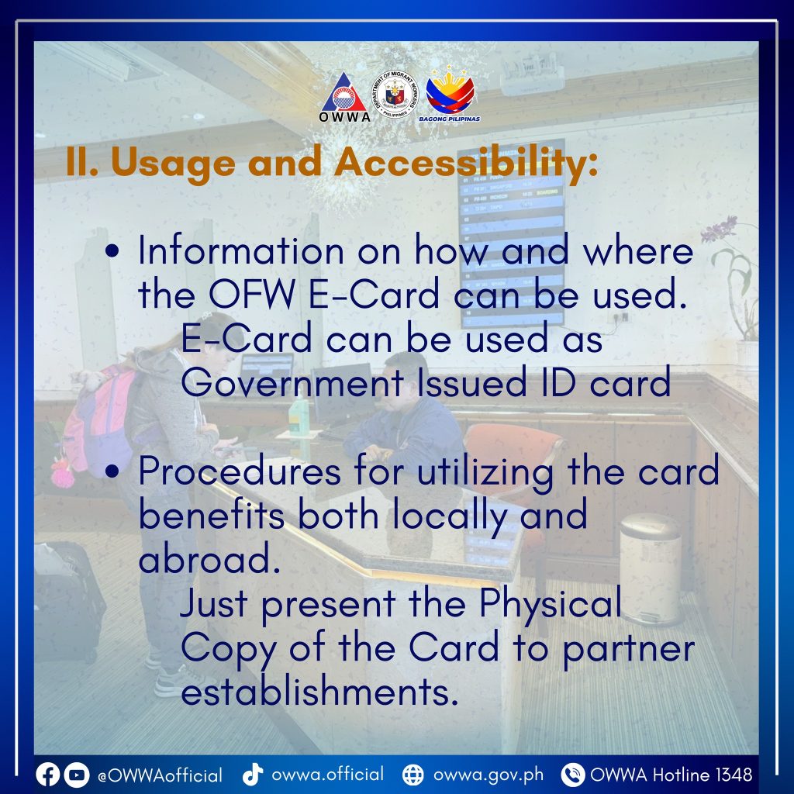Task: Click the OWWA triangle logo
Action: (x=344, y=97)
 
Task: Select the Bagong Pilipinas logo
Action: (x=450, y=94)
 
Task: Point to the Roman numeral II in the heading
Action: (x=82, y=162)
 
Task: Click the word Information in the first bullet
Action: (x=241, y=250)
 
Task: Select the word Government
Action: (x=292, y=383)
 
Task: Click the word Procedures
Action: (x=240, y=471)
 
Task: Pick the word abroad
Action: (x=209, y=560)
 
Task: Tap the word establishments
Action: (x=319, y=692)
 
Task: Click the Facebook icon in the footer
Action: (x=47, y=775)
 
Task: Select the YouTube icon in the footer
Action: (x=77, y=775)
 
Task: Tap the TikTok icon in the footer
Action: (x=252, y=774)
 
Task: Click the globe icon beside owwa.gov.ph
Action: (x=413, y=775)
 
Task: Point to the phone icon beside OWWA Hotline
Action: (x=573, y=775)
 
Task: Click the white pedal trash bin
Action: (x=651, y=569)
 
